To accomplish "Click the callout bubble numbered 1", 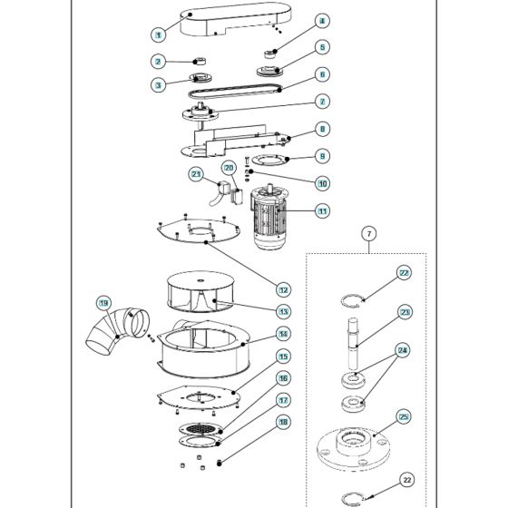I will click(x=158, y=34).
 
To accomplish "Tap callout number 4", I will click(x=322, y=21).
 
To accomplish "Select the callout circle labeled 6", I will click(x=322, y=74).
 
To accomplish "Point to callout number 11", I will click(x=322, y=210).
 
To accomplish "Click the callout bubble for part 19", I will click(x=103, y=302).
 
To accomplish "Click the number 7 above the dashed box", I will click(x=370, y=235).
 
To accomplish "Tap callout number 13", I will click(x=284, y=311).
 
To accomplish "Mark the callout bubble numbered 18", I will click(x=283, y=421).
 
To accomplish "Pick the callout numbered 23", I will click(x=404, y=312).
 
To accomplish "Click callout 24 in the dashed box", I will click(x=404, y=349).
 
